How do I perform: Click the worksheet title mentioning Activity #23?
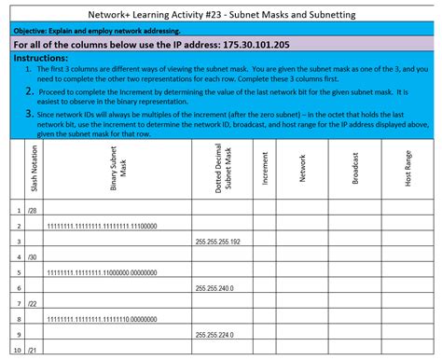221,15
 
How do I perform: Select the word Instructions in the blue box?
46,58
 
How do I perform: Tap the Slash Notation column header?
21,169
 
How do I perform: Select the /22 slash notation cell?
34,304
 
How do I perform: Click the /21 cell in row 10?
34,351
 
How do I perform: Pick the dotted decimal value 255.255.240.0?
214,288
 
